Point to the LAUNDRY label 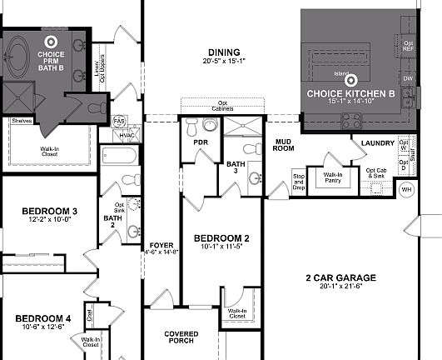tap(378, 143)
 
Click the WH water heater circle tap(407, 190)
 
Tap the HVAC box tap(127, 135)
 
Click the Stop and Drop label tap(300, 182)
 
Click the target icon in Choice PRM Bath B tap(51, 40)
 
